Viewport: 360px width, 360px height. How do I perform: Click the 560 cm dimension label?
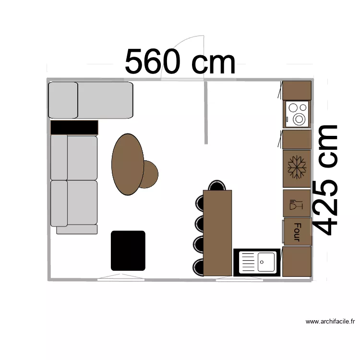(180, 62)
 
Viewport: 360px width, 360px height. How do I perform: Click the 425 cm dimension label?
(326, 180)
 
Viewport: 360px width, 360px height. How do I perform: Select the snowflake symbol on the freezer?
(297, 168)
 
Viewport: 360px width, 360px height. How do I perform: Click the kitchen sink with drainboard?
(256, 262)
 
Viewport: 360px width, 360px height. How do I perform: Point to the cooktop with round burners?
(298, 114)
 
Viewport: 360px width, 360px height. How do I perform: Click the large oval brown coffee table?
(127, 164)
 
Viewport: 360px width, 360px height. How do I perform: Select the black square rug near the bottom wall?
(128, 250)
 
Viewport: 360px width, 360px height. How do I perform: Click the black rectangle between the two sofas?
(74, 127)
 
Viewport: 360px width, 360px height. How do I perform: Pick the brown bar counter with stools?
(217, 233)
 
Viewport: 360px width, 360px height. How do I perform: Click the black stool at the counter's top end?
(217, 185)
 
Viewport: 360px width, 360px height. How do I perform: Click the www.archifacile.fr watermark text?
(330, 322)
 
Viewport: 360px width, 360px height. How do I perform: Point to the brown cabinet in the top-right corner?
(297, 90)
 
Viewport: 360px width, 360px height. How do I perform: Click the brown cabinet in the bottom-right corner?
(297, 262)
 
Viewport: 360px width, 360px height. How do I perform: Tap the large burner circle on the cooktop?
(300, 118)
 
